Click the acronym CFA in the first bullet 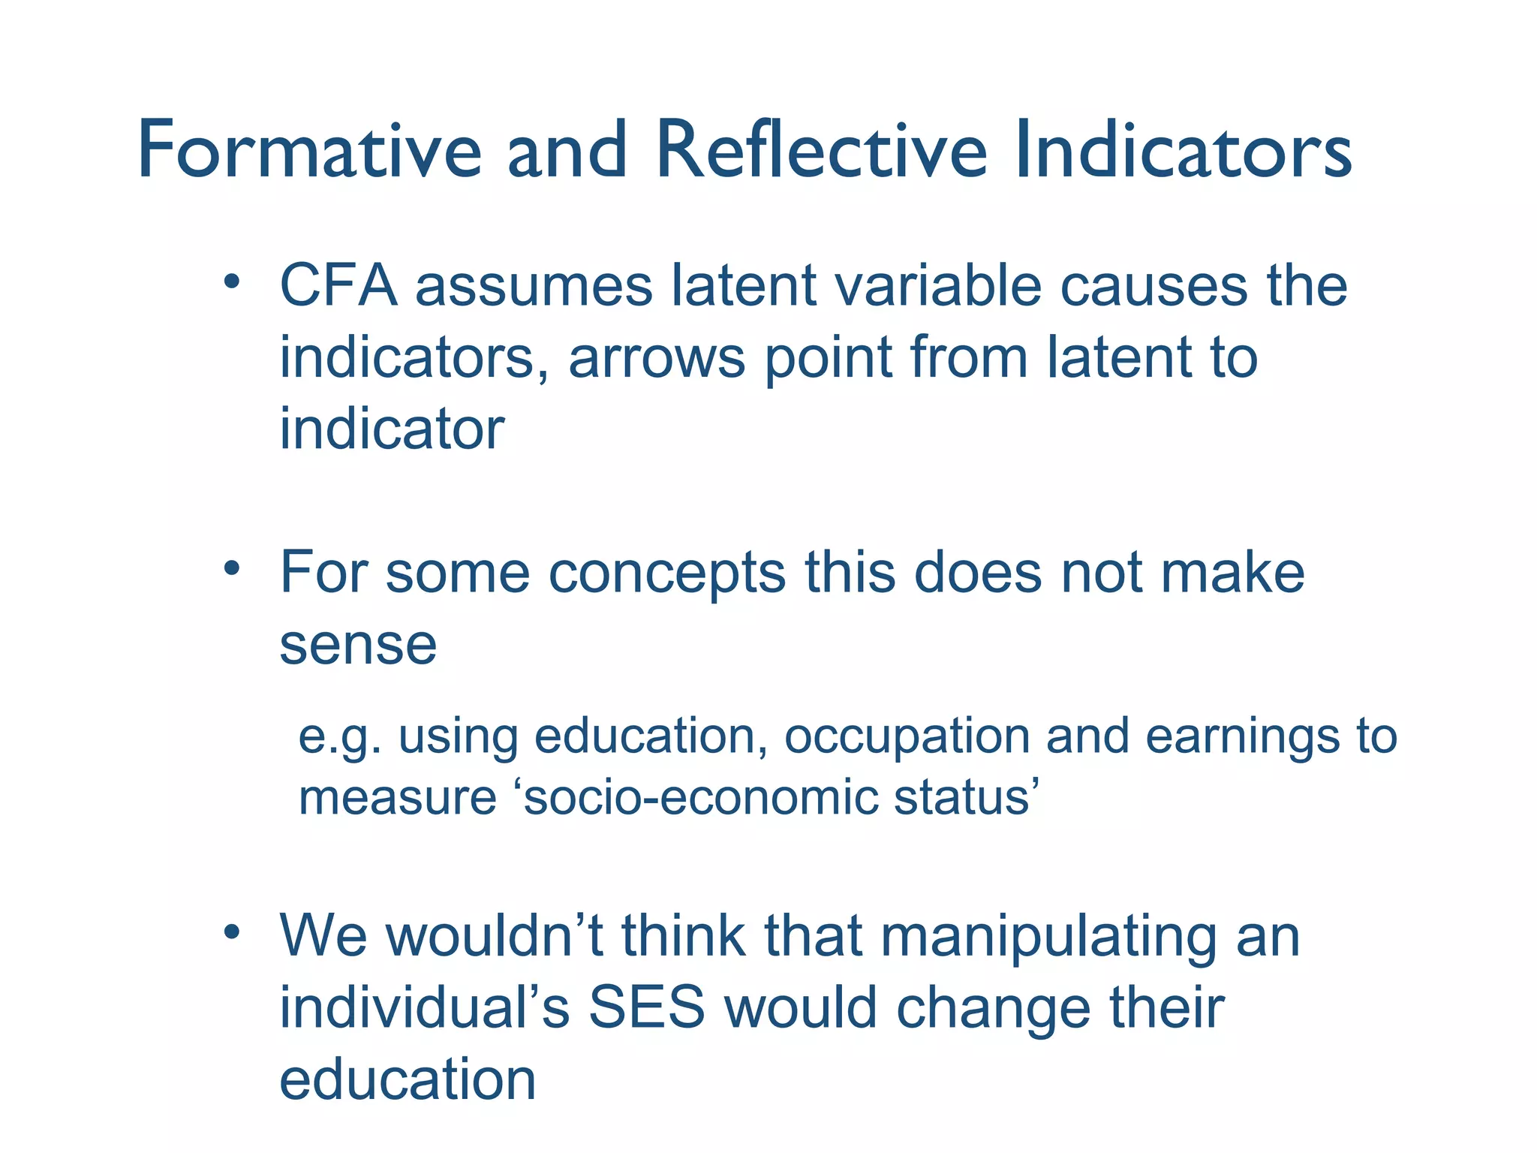[x=338, y=286]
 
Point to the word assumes [x=534, y=286]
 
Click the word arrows [x=657, y=358]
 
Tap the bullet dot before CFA [x=231, y=282]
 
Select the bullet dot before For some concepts [x=231, y=569]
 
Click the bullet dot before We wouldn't [x=231, y=932]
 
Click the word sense [x=358, y=645]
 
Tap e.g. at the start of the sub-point [x=341, y=737]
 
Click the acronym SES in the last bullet [x=646, y=1007]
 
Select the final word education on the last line [x=408, y=1079]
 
